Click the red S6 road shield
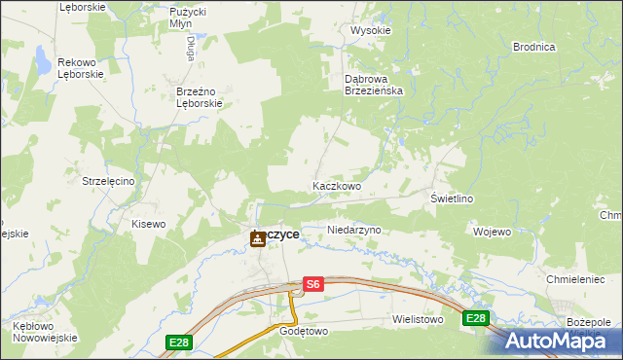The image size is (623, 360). [311, 284]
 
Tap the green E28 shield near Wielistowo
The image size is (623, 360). [475, 318]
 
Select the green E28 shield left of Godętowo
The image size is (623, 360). [178, 342]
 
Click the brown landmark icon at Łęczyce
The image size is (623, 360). [257, 237]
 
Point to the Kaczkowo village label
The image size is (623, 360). [337, 186]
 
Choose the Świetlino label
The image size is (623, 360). [452, 198]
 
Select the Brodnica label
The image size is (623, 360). [533, 47]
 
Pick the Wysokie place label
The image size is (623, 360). [370, 30]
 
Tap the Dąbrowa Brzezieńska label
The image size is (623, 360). [381, 84]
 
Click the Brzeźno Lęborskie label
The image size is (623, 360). [200, 97]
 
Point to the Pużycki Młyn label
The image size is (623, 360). [187, 17]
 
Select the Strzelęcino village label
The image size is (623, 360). [114, 181]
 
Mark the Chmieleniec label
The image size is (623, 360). [576, 279]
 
